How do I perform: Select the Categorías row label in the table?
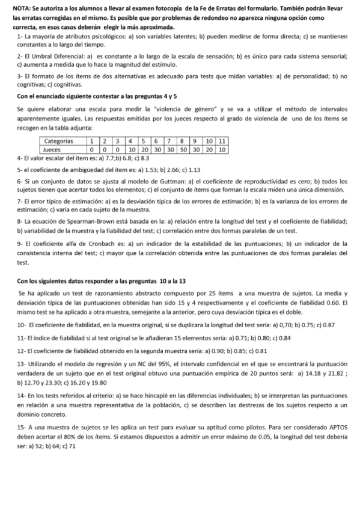(x=59, y=140)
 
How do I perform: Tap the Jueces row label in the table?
(x=53, y=148)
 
